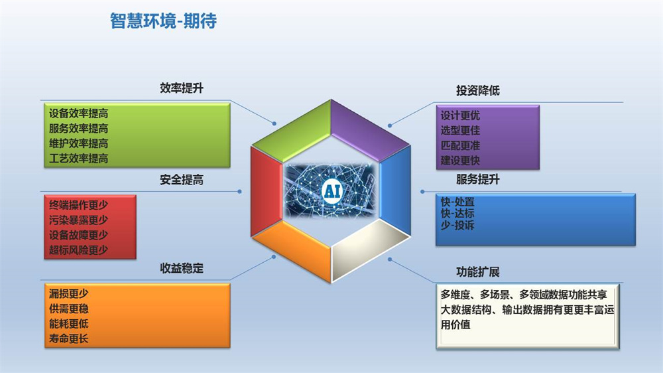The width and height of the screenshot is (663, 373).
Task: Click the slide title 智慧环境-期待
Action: pyautogui.click(x=163, y=21)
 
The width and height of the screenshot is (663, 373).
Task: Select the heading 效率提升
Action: pyautogui.click(x=182, y=88)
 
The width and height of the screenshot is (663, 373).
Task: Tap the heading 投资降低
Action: pyautogui.click(x=478, y=90)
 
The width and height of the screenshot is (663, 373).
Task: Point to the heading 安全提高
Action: pyautogui.click(x=182, y=180)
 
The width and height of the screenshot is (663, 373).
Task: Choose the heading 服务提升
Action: pyautogui.click(x=478, y=179)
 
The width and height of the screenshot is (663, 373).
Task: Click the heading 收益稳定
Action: pyautogui.click(x=182, y=268)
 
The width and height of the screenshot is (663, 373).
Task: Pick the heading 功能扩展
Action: pyautogui.click(x=478, y=272)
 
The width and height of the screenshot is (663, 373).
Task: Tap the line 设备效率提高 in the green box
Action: pyautogui.click(x=79, y=113)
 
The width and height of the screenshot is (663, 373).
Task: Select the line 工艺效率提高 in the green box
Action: pyautogui.click(x=79, y=159)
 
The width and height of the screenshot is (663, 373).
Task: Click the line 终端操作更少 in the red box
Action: pyautogui.click(x=79, y=205)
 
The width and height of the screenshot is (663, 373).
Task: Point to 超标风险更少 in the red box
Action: pyautogui.click(x=79, y=250)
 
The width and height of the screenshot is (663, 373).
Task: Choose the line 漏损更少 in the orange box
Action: pyautogui.click(x=68, y=293)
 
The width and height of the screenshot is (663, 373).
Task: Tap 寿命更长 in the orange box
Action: pyautogui.click(x=68, y=338)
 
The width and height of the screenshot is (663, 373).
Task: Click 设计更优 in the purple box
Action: pyautogui.click(x=461, y=115)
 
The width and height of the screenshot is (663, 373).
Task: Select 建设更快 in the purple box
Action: pyautogui.click(x=461, y=161)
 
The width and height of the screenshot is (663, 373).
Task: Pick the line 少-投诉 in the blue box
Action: pyautogui.click(x=457, y=225)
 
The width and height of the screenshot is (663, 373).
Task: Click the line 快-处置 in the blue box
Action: pyautogui.click(x=457, y=202)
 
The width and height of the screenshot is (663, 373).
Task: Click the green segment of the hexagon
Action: pyautogui.click(x=292, y=127)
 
